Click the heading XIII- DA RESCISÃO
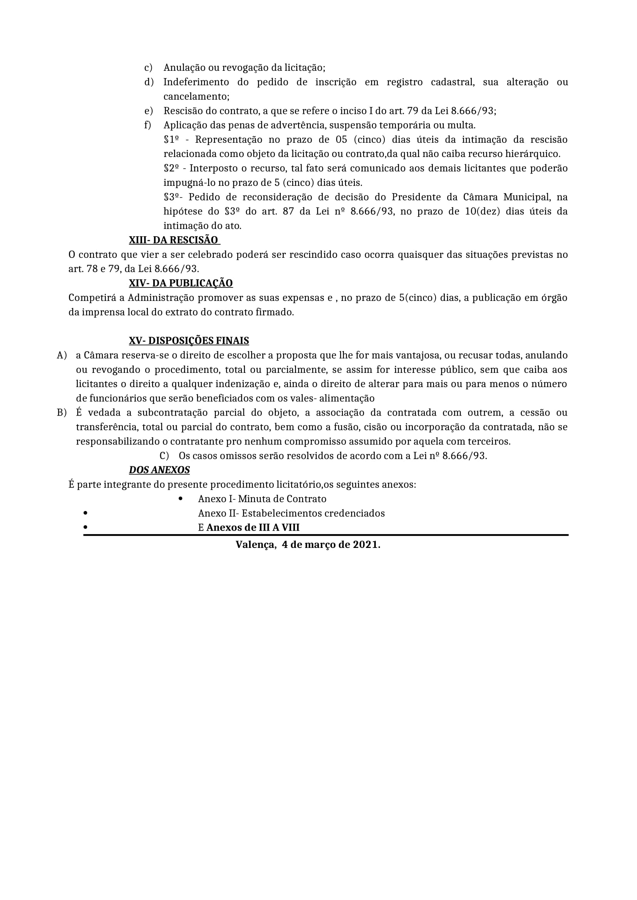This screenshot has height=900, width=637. pyautogui.click(x=174, y=240)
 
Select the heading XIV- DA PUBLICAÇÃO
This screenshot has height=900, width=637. pyautogui.click(x=180, y=283)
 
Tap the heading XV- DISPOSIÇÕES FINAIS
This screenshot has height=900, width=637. pyautogui.click(x=189, y=341)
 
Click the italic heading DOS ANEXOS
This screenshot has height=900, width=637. pyautogui.click(x=159, y=470)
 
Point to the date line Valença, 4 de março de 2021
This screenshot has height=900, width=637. pyautogui.click(x=308, y=545)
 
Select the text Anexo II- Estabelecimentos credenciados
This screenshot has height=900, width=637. pyautogui.click(x=291, y=513)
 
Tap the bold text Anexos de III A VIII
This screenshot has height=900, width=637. pyautogui.click(x=253, y=528)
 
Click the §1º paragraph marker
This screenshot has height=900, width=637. pyautogui.click(x=171, y=140)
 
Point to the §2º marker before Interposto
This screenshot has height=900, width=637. pyautogui.click(x=171, y=168)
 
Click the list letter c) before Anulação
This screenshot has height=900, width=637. pyautogui.click(x=148, y=68)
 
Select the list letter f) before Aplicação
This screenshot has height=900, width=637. pyautogui.click(x=148, y=125)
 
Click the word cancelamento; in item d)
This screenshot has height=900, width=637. pyautogui.click(x=196, y=97)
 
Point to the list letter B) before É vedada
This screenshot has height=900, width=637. pyautogui.click(x=62, y=412)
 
